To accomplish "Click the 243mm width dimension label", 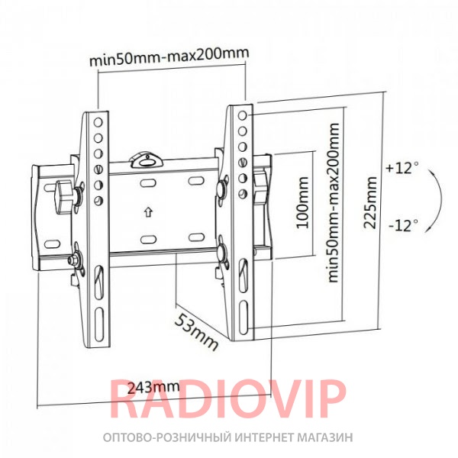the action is pos(153,388).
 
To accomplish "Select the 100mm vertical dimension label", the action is pos(302,202).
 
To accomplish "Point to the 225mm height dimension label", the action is pos(369,202).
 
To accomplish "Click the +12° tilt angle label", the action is pos(402,169).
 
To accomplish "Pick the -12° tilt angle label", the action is pos(403,225).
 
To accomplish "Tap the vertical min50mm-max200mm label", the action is pos(334,202).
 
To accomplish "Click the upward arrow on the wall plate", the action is pos(149,212).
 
